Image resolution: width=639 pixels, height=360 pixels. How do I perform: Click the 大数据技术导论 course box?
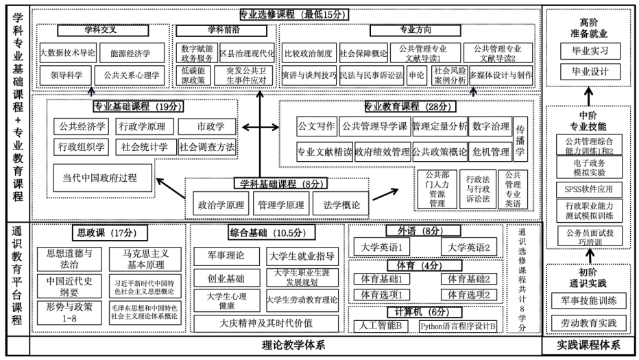67,52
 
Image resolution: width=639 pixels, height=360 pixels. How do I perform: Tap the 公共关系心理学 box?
131,75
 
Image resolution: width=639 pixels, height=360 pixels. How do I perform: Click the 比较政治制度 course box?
308,52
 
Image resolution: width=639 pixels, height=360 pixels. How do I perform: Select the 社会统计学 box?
145,147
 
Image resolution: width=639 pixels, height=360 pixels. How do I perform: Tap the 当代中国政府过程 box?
104,178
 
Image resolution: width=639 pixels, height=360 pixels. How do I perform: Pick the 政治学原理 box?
221,204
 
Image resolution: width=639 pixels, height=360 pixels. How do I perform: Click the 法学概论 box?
341,204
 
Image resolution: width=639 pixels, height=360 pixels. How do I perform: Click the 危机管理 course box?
490,152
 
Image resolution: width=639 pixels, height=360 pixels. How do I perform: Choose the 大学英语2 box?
468,247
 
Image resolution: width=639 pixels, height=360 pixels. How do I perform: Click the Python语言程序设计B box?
458,326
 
